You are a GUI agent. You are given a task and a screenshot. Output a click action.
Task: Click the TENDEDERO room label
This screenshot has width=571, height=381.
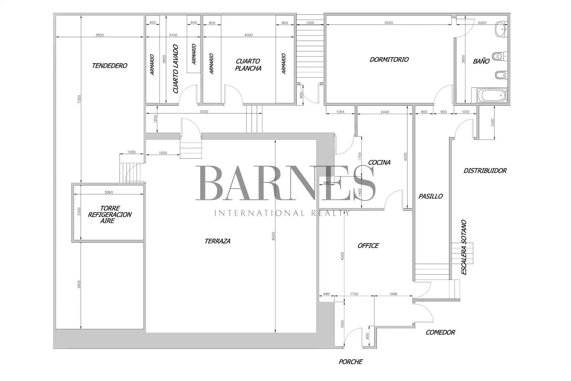[109, 66]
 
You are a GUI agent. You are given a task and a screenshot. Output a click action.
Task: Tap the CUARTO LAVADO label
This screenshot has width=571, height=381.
[176, 69]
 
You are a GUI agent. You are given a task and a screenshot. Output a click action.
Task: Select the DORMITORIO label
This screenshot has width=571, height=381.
[389, 60]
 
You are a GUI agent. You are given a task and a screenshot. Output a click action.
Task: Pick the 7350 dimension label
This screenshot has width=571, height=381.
[79, 99]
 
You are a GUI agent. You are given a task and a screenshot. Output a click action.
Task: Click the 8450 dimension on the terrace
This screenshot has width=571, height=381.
[274, 236]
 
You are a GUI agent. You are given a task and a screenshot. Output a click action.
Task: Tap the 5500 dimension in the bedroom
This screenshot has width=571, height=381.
[389, 23]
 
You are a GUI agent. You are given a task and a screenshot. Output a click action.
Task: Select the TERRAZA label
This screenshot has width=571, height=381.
[217, 241]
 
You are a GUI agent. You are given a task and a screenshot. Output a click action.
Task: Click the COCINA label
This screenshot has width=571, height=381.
[379, 163]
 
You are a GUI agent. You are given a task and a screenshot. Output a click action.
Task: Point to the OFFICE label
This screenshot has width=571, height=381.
[368, 246]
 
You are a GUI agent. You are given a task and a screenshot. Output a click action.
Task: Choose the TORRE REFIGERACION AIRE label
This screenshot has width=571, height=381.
[109, 214]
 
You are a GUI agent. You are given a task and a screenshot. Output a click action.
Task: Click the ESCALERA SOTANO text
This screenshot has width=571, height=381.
[464, 247]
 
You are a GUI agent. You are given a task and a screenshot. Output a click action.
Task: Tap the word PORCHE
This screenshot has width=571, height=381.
[350, 362]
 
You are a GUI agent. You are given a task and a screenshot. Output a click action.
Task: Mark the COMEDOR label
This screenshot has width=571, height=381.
[440, 332]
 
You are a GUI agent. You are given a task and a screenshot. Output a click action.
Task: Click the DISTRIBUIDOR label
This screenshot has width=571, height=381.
[485, 171]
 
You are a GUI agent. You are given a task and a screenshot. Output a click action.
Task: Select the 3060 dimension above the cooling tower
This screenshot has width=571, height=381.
[109, 192]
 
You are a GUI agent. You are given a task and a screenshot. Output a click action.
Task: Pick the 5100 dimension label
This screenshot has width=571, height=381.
[204, 112]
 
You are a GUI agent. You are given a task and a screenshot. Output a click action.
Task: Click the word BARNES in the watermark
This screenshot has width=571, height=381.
[285, 183]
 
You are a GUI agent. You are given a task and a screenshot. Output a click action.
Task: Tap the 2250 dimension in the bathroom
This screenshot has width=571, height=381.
[482, 23]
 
